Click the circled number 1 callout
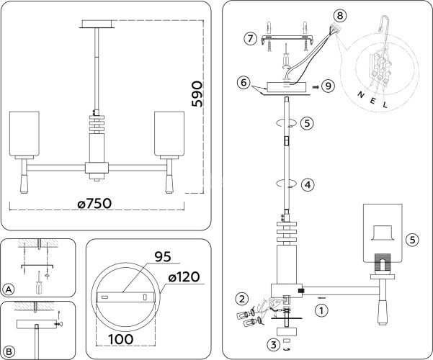[321, 310]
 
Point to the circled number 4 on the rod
[308, 184]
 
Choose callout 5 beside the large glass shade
[411, 239]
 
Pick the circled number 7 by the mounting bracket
[250, 38]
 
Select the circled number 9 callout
[329, 86]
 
